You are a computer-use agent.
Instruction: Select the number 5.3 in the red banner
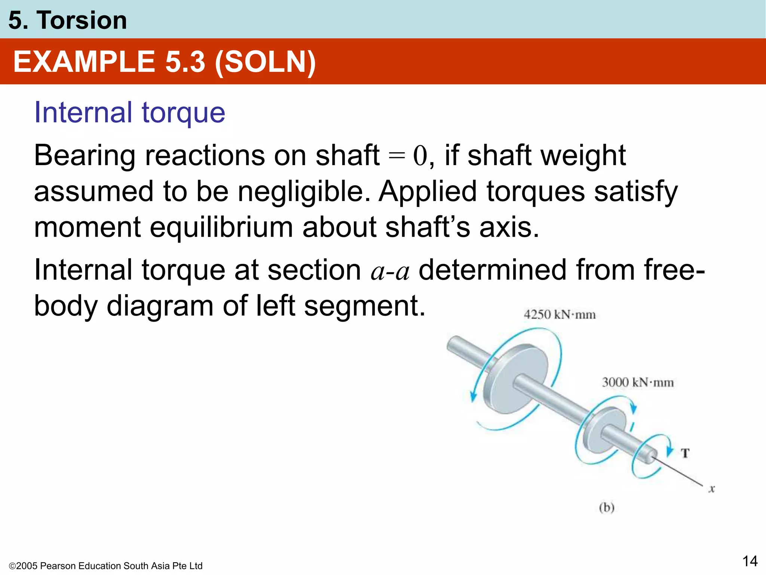185,62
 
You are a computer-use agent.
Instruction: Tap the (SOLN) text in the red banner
265,62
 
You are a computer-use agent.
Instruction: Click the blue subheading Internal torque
129,112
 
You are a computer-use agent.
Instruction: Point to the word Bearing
85,155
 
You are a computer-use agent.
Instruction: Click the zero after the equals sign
420,156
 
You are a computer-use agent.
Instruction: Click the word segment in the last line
365,306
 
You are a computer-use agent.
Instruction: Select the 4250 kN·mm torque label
560,314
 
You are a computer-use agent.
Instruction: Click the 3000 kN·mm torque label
638,382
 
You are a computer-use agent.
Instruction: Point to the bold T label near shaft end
685,453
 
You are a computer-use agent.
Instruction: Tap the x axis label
711,489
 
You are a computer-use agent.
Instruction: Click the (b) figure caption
607,508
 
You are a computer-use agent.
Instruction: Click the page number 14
750,561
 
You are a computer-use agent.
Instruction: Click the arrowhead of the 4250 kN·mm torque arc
473,396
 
